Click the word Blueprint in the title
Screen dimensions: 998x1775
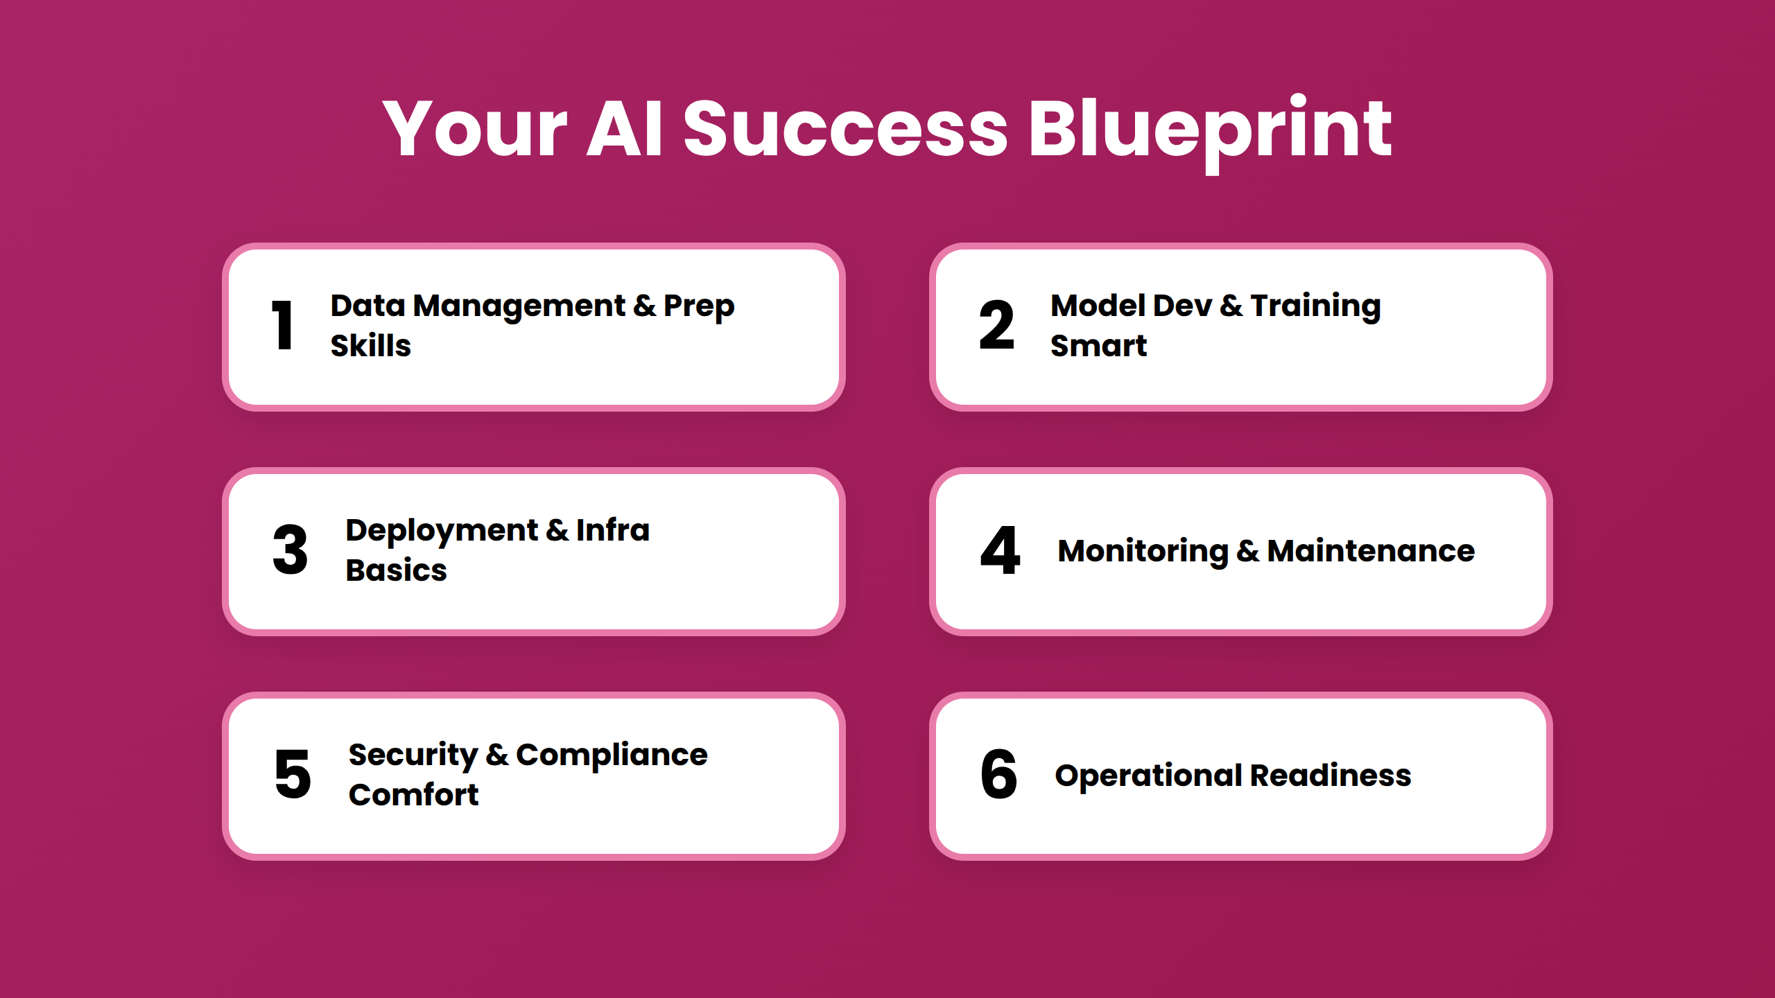click(1209, 130)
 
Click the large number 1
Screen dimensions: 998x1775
click(282, 325)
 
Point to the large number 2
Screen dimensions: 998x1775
click(996, 325)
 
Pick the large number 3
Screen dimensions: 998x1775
click(290, 550)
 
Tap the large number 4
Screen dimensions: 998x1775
click(1000, 550)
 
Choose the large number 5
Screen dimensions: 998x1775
click(292, 774)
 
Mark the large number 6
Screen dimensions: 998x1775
click(998, 774)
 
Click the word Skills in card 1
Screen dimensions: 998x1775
click(370, 345)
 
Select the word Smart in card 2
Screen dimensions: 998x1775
click(1098, 345)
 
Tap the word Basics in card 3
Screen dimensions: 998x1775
click(396, 570)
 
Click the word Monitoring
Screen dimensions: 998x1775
click(1143, 552)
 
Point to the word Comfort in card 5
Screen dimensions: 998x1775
click(413, 794)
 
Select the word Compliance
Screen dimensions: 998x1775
click(611, 755)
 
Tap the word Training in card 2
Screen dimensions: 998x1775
click(1315, 306)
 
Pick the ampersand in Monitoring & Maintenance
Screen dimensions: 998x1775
click(1247, 551)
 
